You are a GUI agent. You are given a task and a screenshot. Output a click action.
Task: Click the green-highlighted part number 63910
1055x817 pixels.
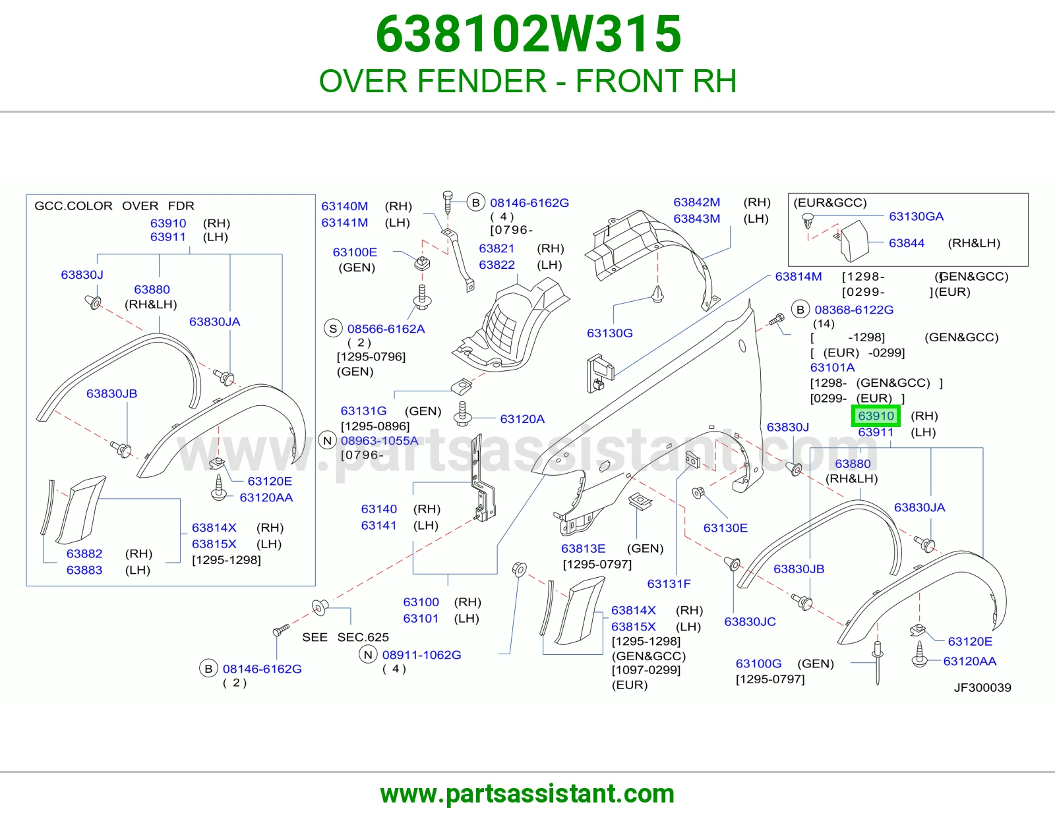(x=876, y=416)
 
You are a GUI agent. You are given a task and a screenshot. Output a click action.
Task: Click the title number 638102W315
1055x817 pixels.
(x=528, y=34)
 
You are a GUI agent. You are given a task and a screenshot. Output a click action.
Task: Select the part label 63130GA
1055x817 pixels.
(x=916, y=216)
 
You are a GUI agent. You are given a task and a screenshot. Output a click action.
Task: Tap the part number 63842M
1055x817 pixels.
(x=697, y=202)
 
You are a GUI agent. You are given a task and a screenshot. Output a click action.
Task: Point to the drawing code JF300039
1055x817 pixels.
(x=982, y=687)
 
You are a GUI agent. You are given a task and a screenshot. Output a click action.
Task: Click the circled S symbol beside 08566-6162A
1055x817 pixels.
(x=333, y=329)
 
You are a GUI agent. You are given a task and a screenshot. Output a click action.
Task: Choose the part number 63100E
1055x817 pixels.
(x=355, y=252)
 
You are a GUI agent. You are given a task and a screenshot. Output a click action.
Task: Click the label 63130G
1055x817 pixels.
(x=610, y=333)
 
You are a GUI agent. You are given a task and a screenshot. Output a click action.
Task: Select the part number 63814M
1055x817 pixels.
(x=798, y=277)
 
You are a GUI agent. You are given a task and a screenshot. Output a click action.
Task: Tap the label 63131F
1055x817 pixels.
(x=669, y=584)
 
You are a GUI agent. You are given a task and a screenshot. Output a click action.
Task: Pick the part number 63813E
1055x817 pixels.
(x=583, y=549)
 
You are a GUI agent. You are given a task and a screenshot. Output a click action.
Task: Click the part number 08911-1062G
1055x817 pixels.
(x=421, y=655)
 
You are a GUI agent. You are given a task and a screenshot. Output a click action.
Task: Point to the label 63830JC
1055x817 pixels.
(x=750, y=621)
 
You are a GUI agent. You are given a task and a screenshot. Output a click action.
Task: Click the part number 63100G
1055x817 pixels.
(x=758, y=663)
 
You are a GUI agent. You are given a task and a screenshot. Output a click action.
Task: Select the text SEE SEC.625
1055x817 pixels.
(x=346, y=637)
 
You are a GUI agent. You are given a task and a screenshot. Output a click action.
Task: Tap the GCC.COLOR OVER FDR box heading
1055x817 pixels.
(x=114, y=206)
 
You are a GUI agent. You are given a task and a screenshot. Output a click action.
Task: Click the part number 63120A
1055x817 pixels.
(x=522, y=419)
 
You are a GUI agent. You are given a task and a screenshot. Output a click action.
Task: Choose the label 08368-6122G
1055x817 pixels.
(x=854, y=310)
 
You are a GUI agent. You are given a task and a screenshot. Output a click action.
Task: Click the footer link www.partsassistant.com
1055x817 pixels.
(x=527, y=794)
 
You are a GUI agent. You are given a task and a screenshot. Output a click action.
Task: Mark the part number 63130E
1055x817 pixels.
(x=725, y=528)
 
